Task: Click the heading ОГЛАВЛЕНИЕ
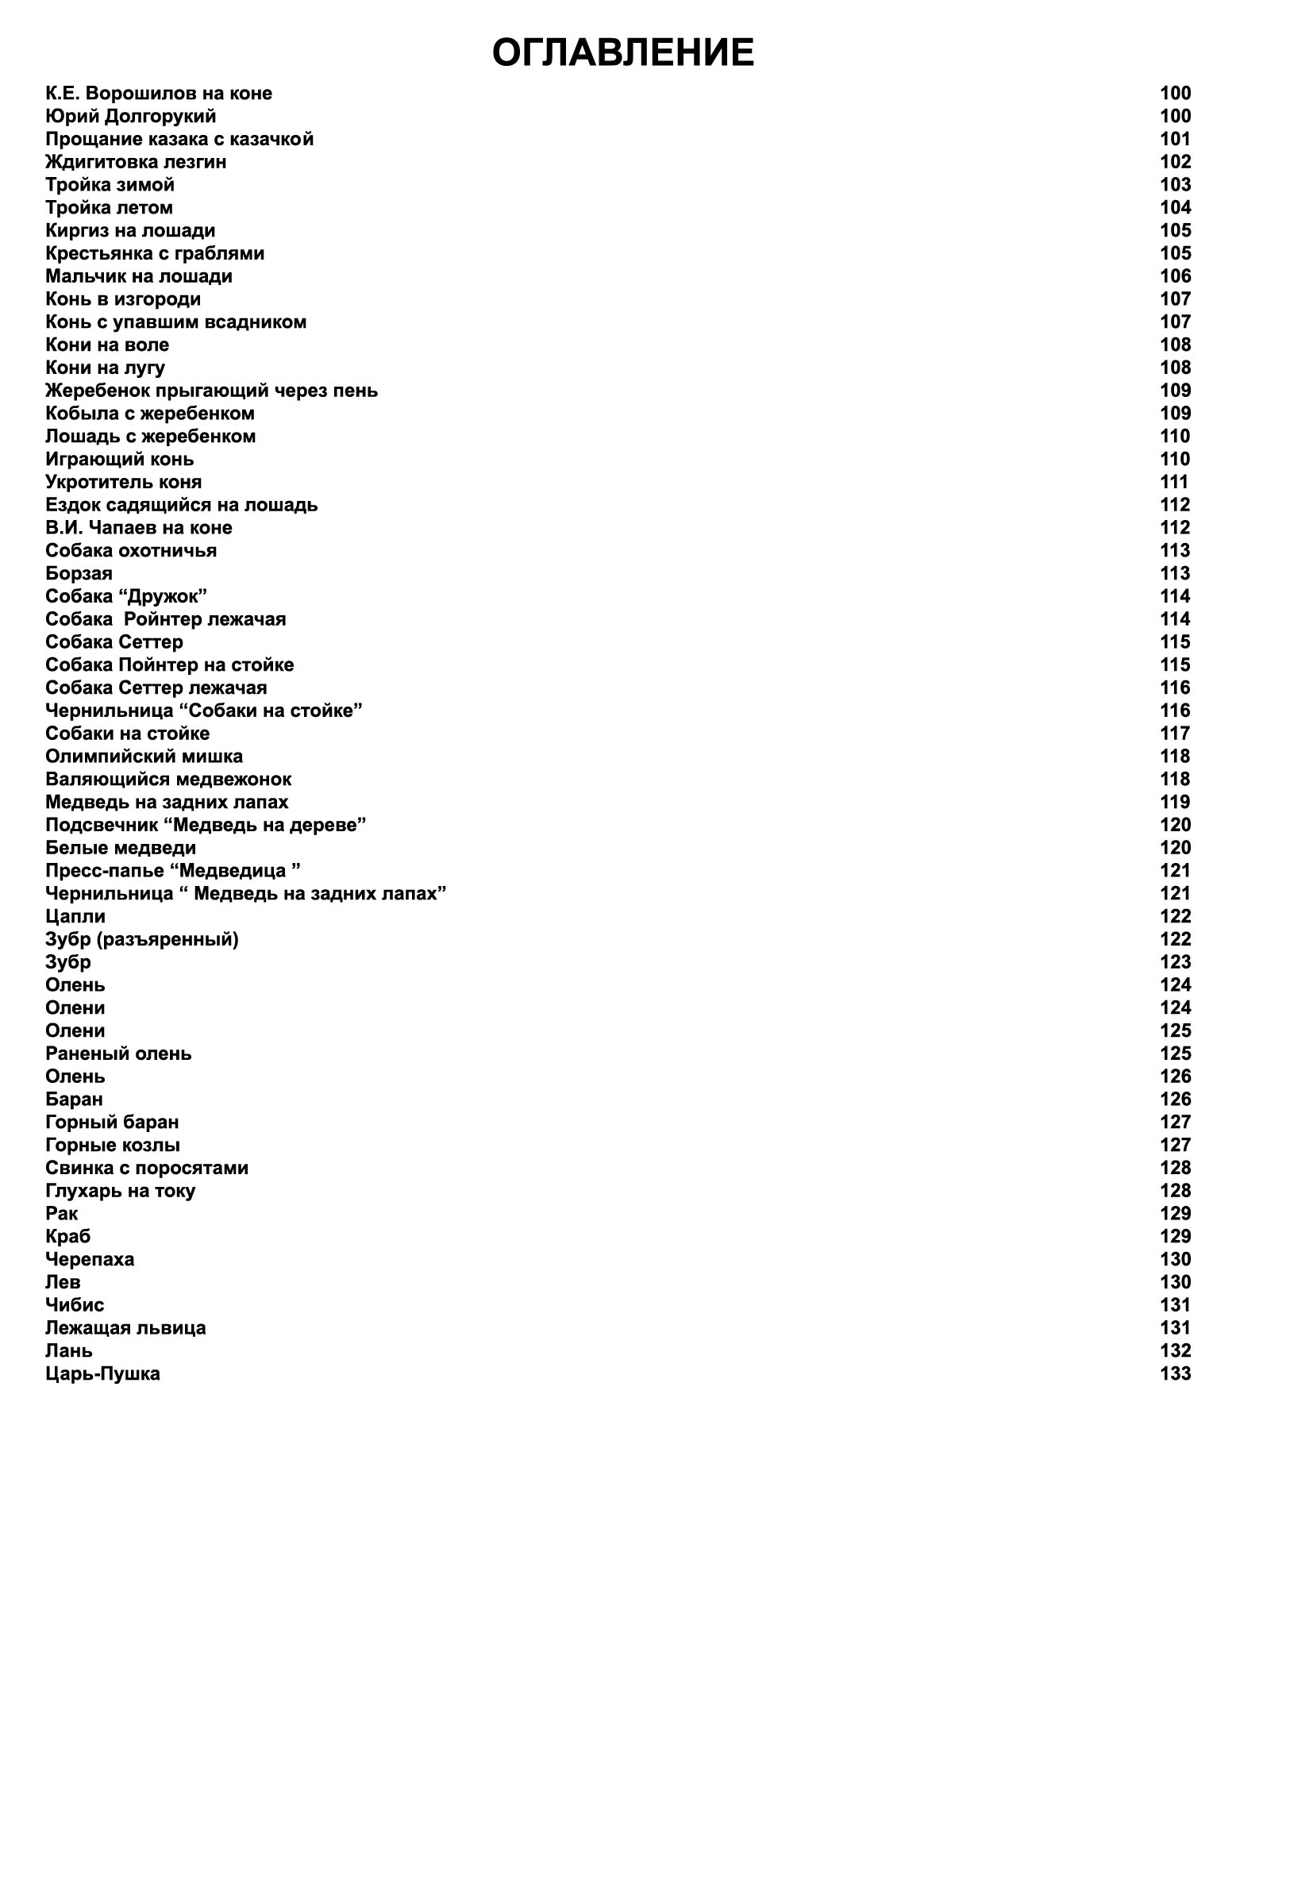coord(622,53)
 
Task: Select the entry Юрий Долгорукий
coord(131,116)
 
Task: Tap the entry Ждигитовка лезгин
coord(136,162)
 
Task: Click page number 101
coord(1175,139)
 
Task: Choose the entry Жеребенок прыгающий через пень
coord(212,391)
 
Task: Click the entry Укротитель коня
coord(123,482)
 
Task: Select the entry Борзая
coord(79,574)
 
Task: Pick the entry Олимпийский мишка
coord(144,757)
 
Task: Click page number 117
coord(1175,734)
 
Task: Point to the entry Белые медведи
coord(121,848)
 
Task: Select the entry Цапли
coord(75,917)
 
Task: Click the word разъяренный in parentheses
coord(168,940)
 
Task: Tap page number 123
coord(1175,962)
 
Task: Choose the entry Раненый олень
coord(118,1054)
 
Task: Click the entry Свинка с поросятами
coord(147,1169)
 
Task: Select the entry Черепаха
coord(90,1259)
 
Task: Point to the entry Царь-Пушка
coord(103,1373)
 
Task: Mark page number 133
coord(1175,1373)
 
